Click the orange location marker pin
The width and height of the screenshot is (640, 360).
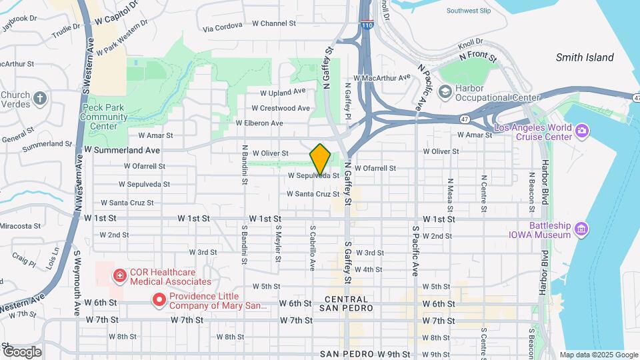coord(321,159)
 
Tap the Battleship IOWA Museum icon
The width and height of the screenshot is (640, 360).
coord(582,229)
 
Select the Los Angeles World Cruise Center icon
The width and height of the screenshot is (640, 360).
coord(582,129)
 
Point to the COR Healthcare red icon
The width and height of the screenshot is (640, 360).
coord(119,275)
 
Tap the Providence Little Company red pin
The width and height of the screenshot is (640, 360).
coord(159,300)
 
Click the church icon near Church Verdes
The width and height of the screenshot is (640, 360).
coord(40,99)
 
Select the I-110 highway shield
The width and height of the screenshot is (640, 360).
coord(368,25)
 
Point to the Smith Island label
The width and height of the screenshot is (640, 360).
coord(585,58)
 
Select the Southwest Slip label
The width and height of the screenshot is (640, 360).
coord(469,11)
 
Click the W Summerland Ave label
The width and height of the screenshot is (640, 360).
coord(122,151)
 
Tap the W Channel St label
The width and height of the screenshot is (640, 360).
coord(274,23)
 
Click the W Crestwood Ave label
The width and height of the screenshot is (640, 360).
coord(281,108)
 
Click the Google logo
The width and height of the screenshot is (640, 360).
coord(22,352)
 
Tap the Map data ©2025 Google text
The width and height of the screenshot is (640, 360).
coord(599,355)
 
